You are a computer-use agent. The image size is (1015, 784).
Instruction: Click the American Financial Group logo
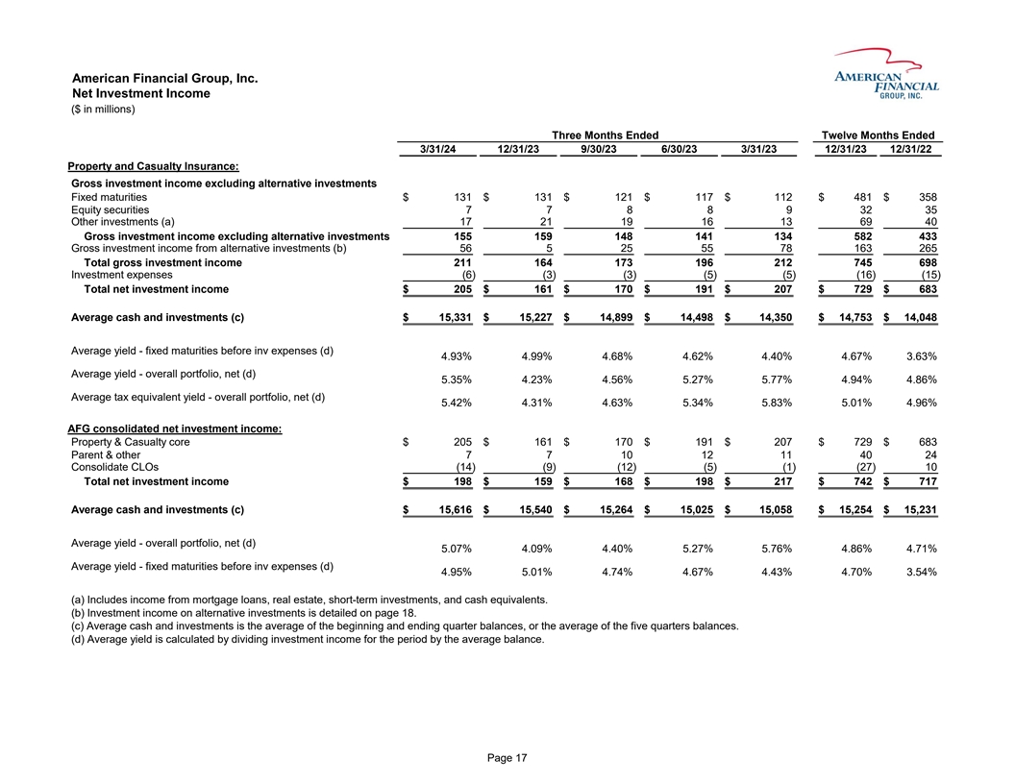[x=886, y=75]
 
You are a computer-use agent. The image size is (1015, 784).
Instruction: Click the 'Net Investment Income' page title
[x=141, y=93]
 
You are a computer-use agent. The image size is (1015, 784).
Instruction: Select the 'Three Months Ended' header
[x=605, y=135]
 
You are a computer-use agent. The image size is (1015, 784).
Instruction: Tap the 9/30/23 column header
[x=604, y=149]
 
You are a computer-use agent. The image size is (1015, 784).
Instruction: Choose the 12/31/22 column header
[x=913, y=149]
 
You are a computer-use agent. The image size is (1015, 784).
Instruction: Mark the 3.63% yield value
[x=919, y=356]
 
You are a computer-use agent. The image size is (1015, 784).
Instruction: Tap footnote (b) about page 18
[x=244, y=614]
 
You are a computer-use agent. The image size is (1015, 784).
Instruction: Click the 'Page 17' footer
[x=507, y=759]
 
